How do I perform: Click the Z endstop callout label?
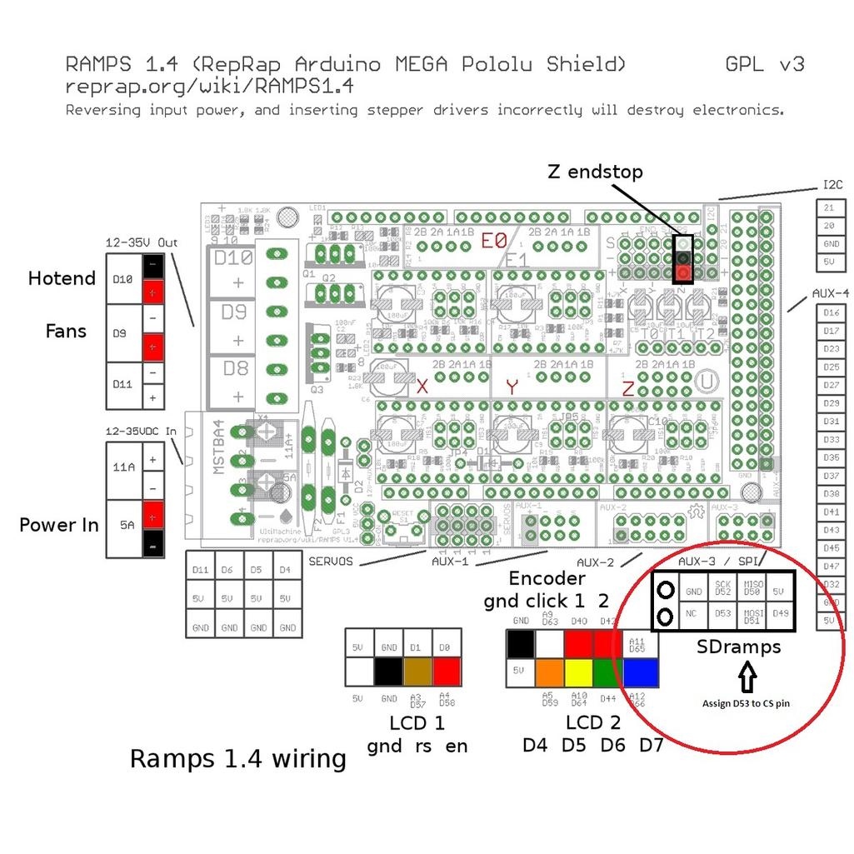[595, 172]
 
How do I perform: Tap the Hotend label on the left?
[62, 278]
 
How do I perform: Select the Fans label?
[66, 331]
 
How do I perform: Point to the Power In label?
[59, 525]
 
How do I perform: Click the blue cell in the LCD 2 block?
[640, 672]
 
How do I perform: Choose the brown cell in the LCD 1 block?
[417, 672]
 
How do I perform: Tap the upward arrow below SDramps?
[746, 677]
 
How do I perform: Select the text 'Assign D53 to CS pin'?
[747, 703]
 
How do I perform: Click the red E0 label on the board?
[494, 242]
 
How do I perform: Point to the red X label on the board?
[422, 387]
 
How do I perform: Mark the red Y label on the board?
[512, 387]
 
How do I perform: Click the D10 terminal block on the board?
[233, 269]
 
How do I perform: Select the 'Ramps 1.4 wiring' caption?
[237, 759]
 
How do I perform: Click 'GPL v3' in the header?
[765, 64]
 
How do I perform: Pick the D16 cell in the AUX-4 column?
[831, 312]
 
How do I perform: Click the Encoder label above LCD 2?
[547, 578]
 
